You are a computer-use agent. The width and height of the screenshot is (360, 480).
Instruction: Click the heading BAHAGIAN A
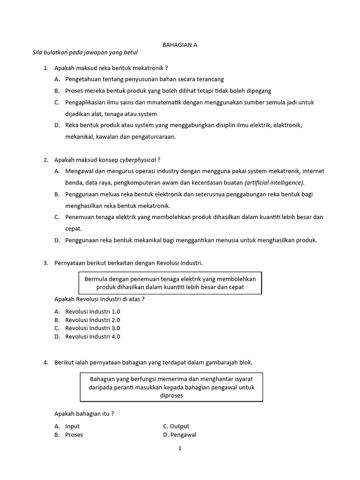(x=180, y=45)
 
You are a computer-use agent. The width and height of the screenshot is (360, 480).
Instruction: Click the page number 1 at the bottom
(x=180, y=448)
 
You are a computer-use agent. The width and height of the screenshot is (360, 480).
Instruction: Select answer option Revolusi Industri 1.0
(x=92, y=311)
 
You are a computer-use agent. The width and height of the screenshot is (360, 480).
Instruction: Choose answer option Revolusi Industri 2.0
(x=92, y=320)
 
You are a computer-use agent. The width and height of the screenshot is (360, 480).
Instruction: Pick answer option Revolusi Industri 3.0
(x=92, y=328)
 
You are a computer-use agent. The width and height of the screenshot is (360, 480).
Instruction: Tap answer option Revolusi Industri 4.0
(x=92, y=337)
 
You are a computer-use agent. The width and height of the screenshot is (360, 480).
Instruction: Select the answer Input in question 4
(x=72, y=426)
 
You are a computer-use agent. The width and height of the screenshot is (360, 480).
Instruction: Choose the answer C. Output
(x=176, y=426)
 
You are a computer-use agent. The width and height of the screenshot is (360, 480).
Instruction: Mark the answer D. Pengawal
(x=180, y=435)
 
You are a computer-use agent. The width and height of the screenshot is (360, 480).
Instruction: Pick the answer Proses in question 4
(x=74, y=435)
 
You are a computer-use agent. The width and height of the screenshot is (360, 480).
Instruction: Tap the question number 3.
(x=46, y=263)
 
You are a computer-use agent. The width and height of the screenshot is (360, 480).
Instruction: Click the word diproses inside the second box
(x=171, y=395)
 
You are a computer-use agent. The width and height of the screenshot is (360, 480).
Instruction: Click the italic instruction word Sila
(x=38, y=52)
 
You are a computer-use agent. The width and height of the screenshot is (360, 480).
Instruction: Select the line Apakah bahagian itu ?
(x=84, y=413)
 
